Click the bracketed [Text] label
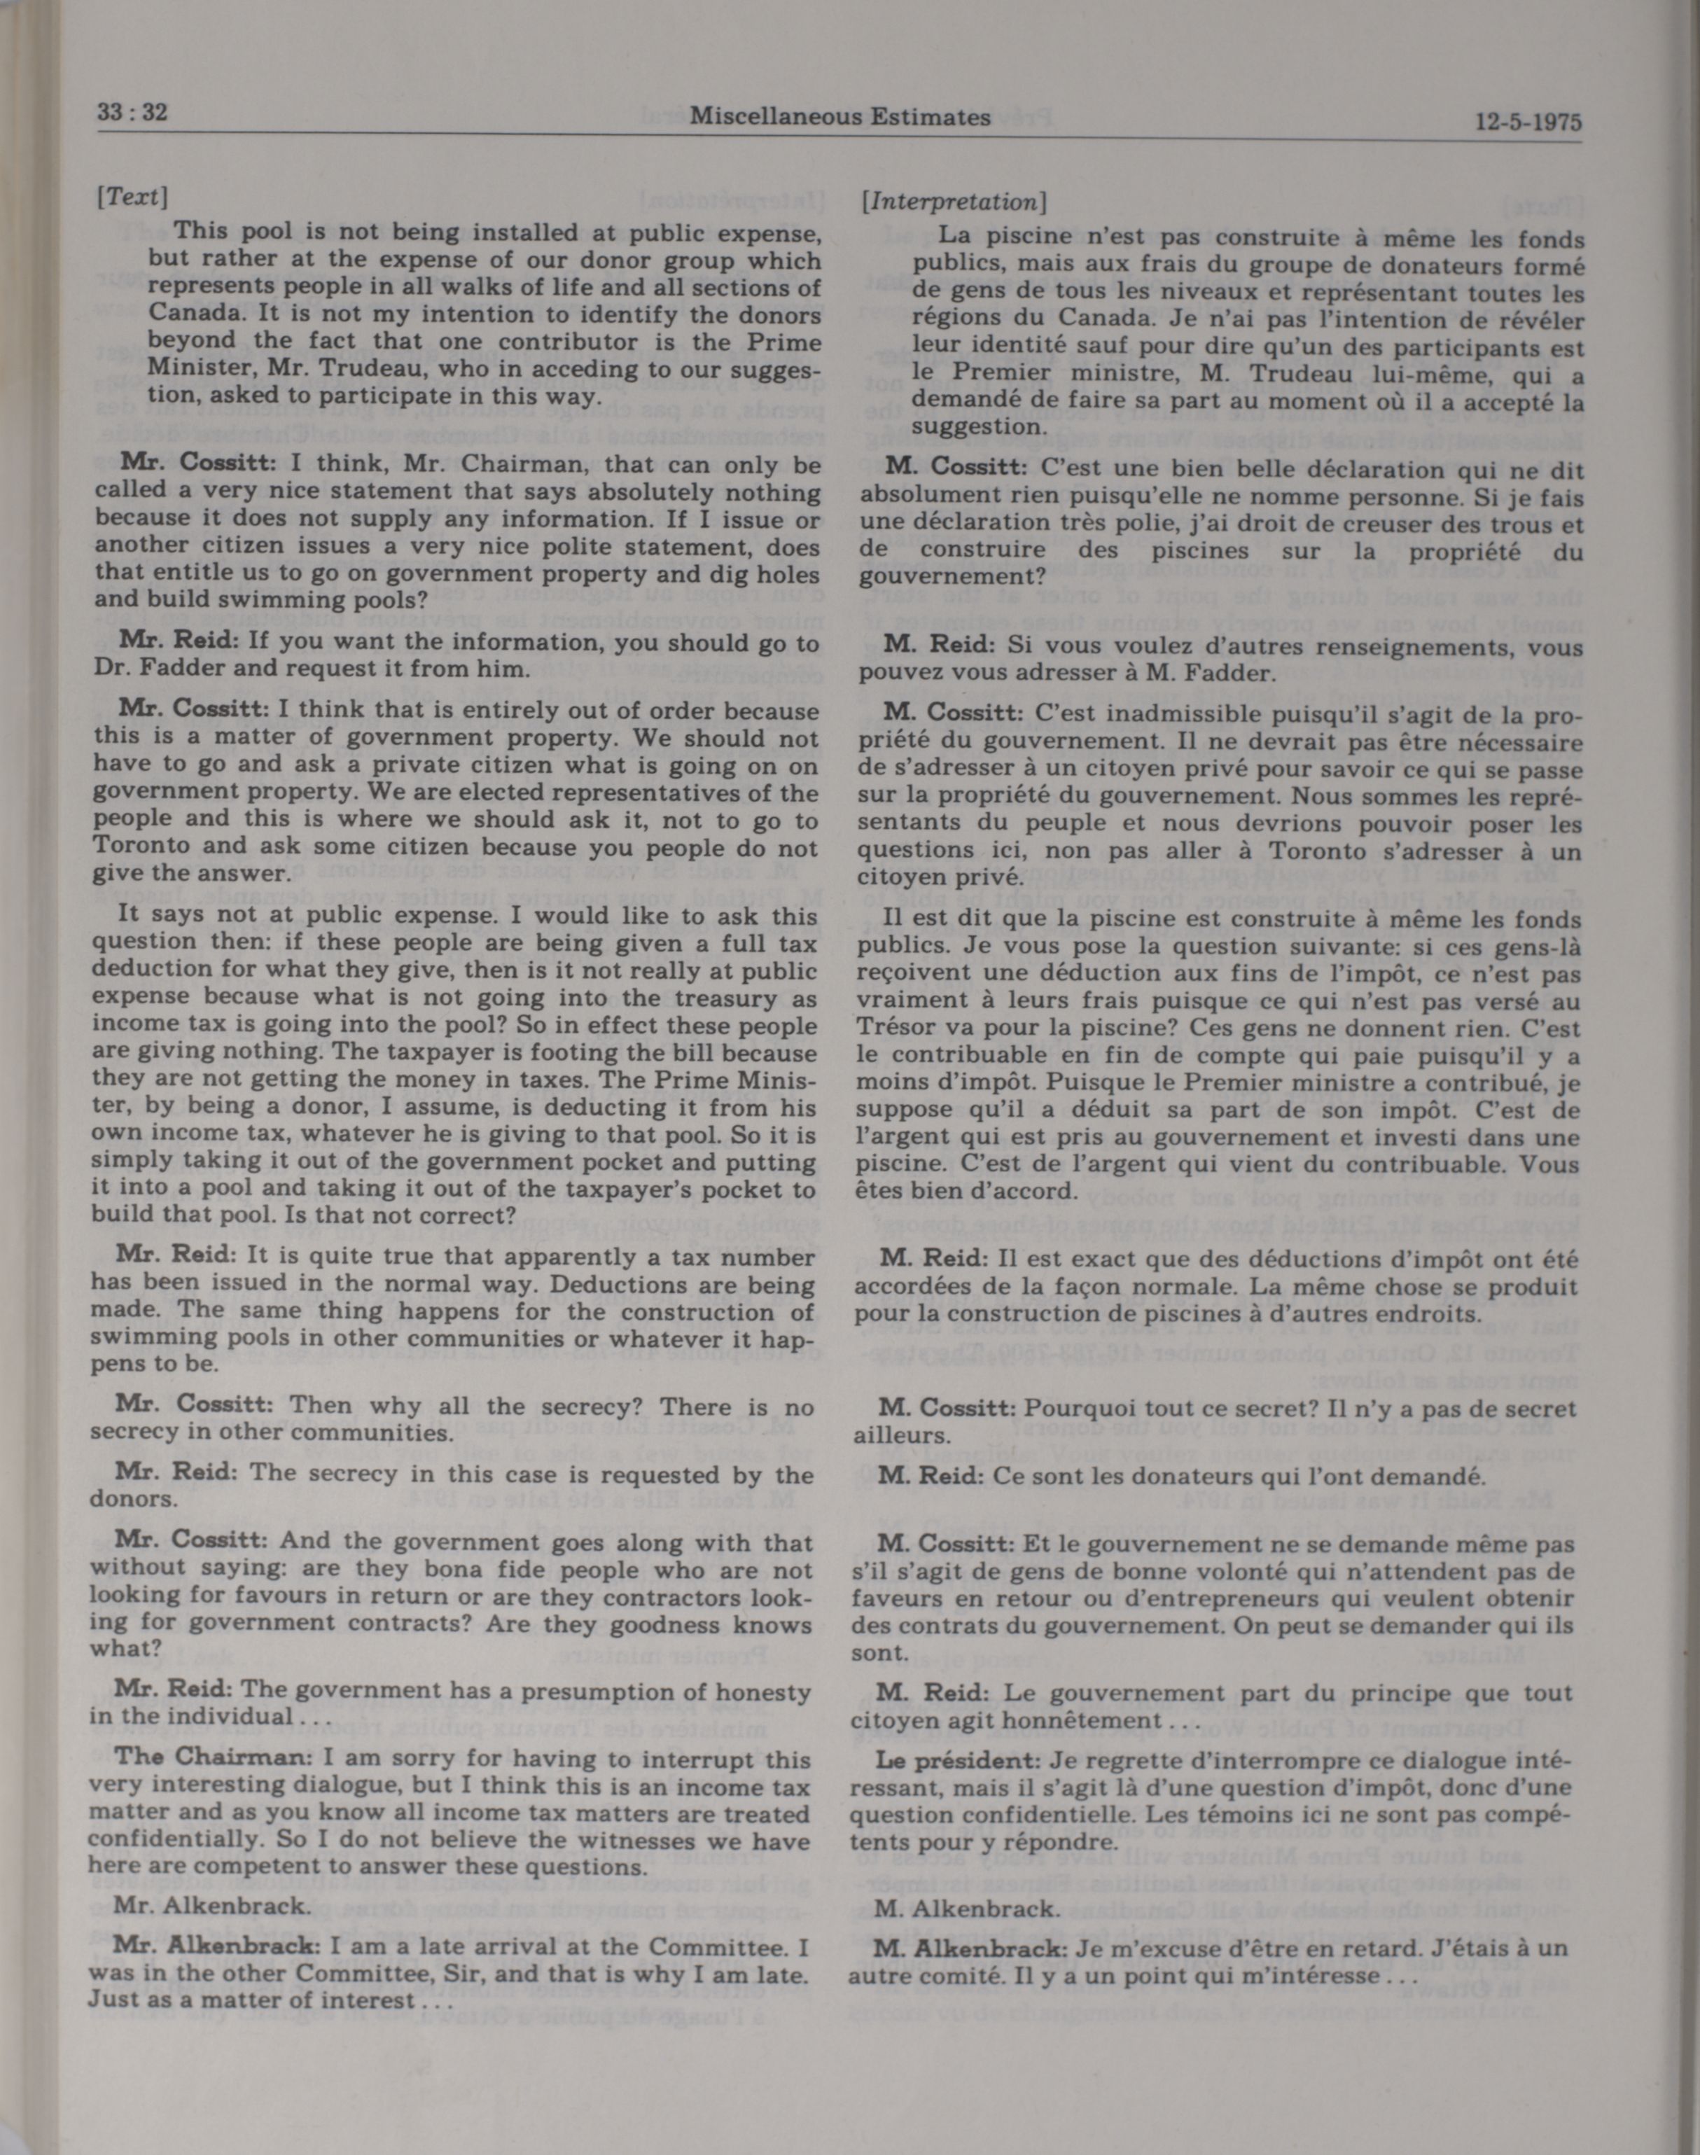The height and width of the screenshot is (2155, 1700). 130,196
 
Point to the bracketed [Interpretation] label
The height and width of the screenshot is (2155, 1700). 954,202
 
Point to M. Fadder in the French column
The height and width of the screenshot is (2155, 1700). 1207,673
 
